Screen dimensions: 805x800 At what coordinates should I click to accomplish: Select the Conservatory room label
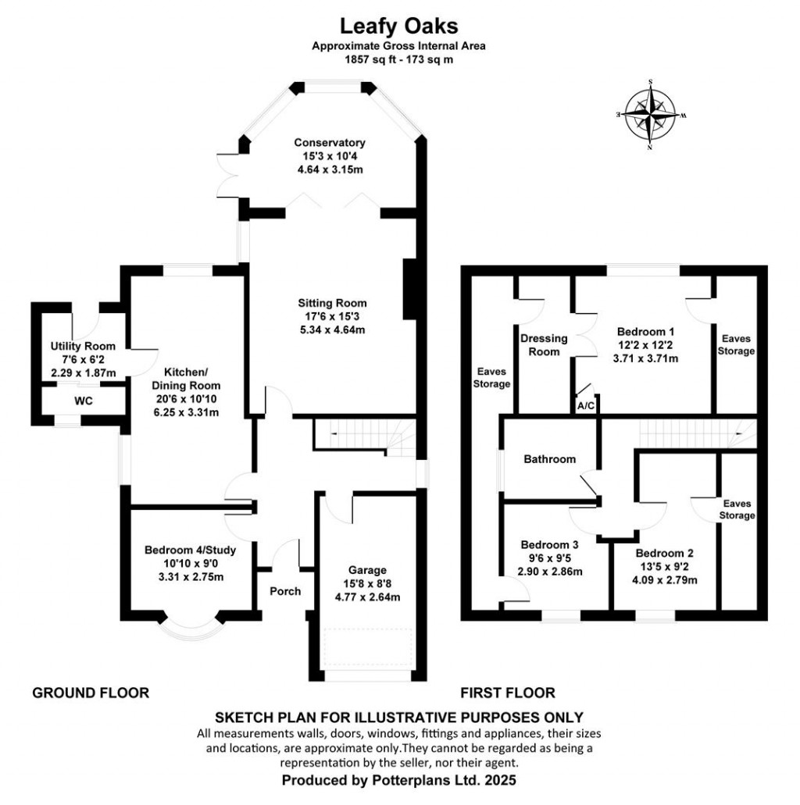[330, 143]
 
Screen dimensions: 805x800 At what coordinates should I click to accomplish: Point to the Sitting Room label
[332, 303]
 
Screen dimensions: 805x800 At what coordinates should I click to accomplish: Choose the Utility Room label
[83, 347]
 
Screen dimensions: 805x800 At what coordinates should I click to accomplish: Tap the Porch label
[285, 591]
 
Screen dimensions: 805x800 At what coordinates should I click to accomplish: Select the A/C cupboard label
[585, 406]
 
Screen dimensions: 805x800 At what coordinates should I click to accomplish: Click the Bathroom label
[549, 459]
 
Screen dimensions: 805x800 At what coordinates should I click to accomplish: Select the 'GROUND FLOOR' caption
[91, 693]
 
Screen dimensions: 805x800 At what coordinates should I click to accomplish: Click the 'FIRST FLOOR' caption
[508, 693]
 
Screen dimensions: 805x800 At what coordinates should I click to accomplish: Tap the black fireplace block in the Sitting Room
[409, 289]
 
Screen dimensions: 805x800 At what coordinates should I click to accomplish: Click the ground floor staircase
[363, 433]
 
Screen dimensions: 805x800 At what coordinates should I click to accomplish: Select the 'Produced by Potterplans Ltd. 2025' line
[399, 779]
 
